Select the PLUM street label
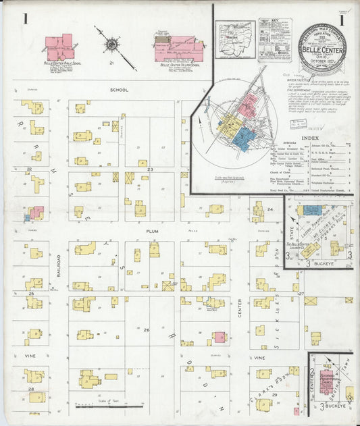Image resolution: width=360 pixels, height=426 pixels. tap(151, 230)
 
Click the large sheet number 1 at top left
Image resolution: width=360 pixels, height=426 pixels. tap(25, 19)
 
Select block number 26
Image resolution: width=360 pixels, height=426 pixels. tap(146, 329)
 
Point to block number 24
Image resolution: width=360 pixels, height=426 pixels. tap(269, 210)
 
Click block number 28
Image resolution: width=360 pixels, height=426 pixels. tap(31, 390)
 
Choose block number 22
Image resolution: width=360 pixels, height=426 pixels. tap(29, 169)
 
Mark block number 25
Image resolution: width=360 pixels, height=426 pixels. tap(31, 294)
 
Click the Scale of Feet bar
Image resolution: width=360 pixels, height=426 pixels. tap(108, 406)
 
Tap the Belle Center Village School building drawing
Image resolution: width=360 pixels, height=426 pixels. tap(177, 46)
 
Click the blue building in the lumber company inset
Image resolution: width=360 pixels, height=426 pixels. tap(311, 211)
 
